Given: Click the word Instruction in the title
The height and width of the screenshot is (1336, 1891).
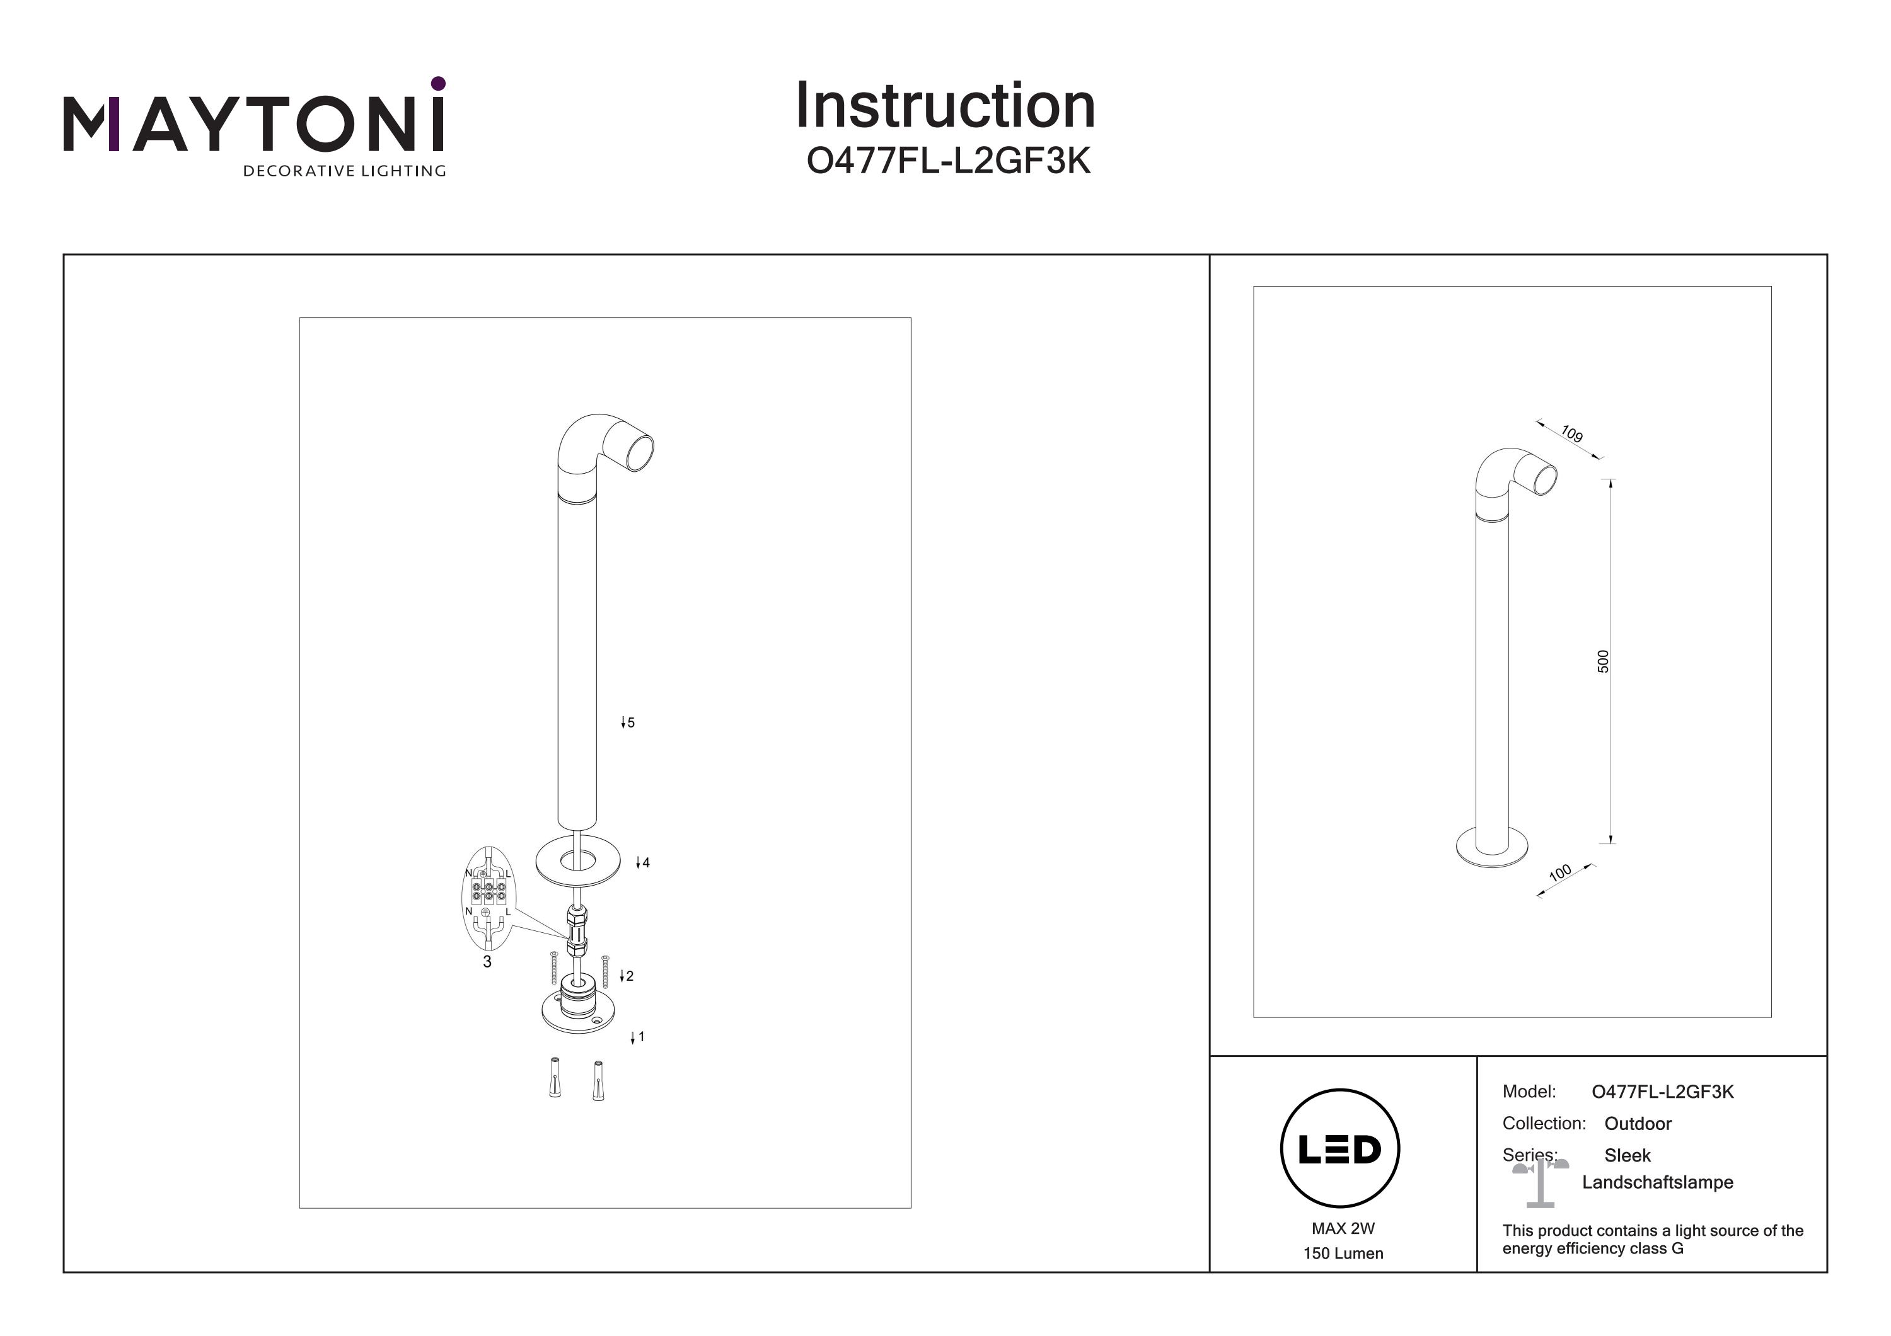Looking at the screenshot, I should coord(945,106).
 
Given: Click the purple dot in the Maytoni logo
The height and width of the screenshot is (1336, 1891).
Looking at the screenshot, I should coord(438,83).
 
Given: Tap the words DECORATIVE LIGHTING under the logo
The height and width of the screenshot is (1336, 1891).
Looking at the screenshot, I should coord(344,171).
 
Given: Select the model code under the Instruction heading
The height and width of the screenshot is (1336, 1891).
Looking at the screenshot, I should coord(948,161).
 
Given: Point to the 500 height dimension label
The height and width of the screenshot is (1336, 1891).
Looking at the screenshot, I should coord(1602,661).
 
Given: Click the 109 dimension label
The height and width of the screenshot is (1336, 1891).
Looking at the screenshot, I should coord(1571,434).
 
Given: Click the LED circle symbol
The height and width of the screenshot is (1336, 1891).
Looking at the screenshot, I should coord(1340,1149).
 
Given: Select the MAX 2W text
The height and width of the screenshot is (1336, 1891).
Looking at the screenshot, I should coord(1343,1228).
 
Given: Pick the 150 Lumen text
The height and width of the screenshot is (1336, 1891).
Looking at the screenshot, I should coord(1343,1253).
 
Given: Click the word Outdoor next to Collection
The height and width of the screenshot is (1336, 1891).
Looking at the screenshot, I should coord(1638,1124).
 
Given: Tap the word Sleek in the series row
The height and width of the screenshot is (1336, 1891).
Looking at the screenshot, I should coord(1628,1156).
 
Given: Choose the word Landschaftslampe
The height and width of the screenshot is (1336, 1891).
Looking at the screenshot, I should coord(1657,1183).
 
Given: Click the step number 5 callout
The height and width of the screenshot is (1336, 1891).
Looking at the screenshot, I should coord(631,722).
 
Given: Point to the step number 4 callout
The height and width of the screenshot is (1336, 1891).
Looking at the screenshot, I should coord(645,863).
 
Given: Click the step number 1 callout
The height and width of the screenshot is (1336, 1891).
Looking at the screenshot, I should coord(641,1037).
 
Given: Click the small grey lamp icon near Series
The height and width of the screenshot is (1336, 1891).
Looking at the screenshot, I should coord(1539,1181).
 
